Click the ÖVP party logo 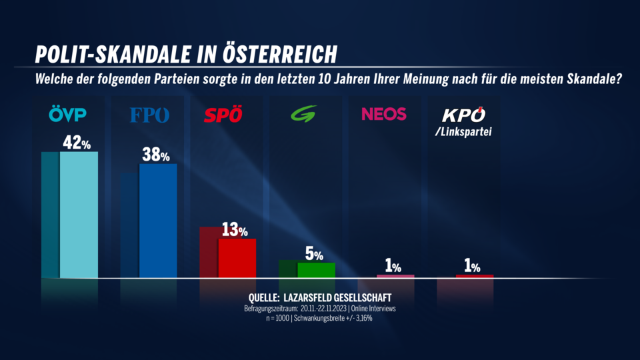pos(68,115)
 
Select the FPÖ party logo pos(149,115)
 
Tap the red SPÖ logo pos(223,115)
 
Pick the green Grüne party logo pos(303,114)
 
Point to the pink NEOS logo pos(383,114)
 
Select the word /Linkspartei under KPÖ pos(462,132)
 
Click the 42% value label pos(77,143)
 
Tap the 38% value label pos(155,155)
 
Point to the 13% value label pos(234,230)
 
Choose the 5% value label pos(314,254)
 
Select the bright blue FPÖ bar pos(157,221)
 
